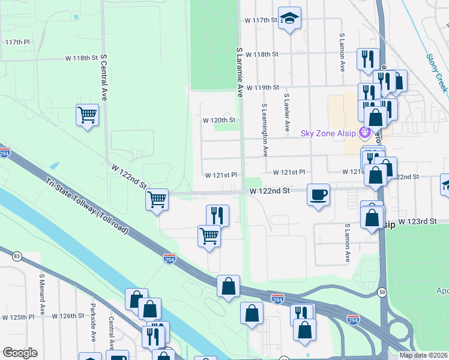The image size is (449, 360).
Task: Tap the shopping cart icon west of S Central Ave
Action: tap(88, 114)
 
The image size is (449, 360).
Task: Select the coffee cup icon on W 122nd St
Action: tap(318, 194)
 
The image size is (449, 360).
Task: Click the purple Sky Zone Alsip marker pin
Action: tap(363, 133)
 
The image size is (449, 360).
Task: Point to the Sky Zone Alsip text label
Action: tap(328, 133)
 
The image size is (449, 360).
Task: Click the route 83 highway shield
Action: tap(16, 257)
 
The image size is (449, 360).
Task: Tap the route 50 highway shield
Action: tap(382, 292)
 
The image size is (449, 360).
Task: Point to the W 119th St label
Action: tap(263, 87)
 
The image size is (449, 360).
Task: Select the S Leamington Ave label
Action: tap(264, 127)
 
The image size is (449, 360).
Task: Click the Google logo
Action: tap(20, 353)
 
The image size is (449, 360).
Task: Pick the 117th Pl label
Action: tap(17, 43)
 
